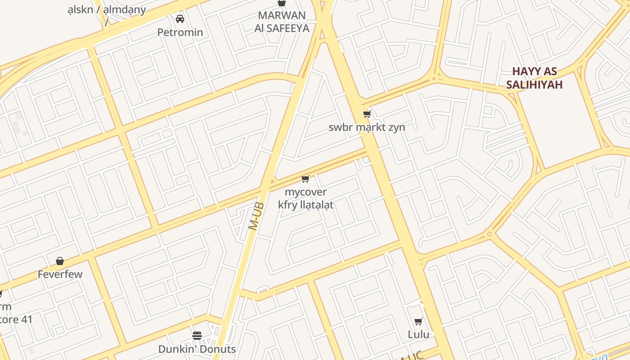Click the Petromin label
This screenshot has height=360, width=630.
(x=180, y=32)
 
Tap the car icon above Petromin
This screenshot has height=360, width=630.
(x=180, y=19)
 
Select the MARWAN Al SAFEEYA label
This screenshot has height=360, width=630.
(x=282, y=22)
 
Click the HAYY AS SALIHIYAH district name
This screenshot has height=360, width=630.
(x=534, y=78)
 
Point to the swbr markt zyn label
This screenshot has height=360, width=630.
(x=366, y=127)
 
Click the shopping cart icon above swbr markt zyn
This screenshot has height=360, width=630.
(x=367, y=114)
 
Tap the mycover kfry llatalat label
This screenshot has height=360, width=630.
(x=306, y=198)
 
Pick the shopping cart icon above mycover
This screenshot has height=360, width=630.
(x=306, y=180)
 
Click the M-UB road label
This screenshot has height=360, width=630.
(x=256, y=216)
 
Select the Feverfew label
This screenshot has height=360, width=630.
(x=60, y=274)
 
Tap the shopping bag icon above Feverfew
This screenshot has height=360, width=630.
(x=60, y=261)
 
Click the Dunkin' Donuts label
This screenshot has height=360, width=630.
(x=197, y=349)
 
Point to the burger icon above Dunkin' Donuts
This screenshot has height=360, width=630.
(x=197, y=336)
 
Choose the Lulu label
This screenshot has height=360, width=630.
(x=418, y=334)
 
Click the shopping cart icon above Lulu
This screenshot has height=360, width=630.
(x=418, y=321)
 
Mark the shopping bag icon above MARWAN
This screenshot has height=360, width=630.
(x=282, y=3)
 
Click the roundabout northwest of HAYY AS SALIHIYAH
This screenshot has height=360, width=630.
(x=434, y=78)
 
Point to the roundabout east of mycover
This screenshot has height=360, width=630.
(x=490, y=234)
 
